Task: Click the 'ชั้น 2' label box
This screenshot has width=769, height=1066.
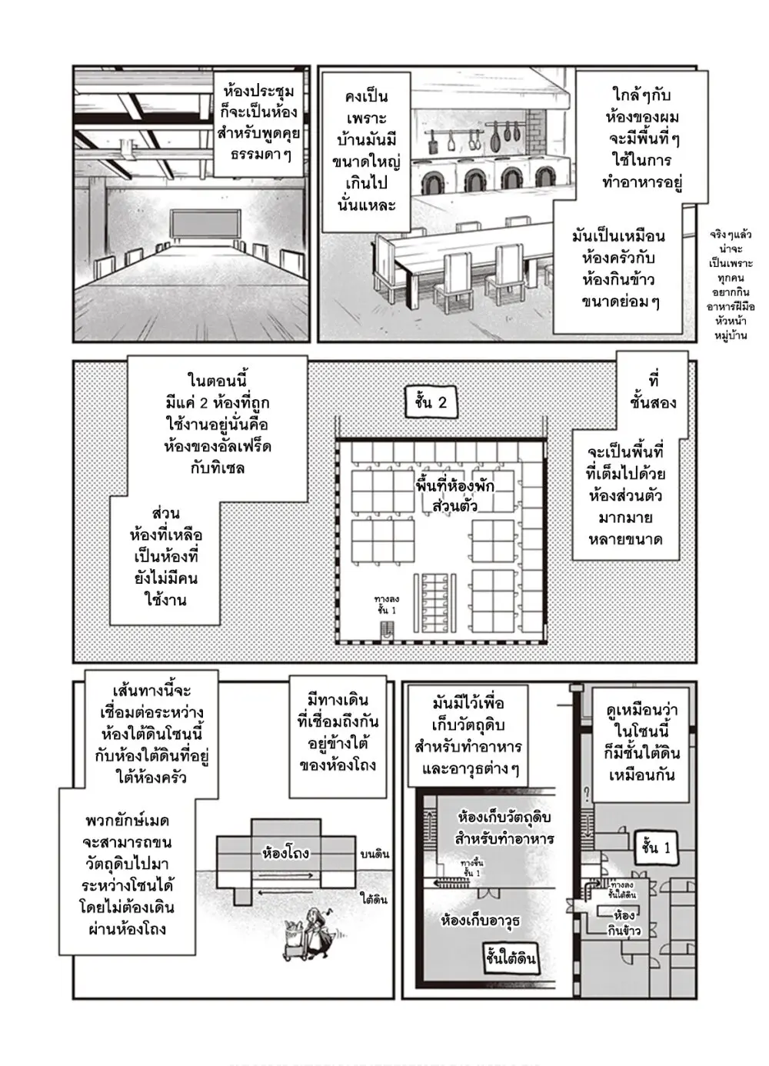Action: click(x=431, y=402)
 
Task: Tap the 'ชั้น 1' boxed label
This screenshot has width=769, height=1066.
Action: click(x=655, y=848)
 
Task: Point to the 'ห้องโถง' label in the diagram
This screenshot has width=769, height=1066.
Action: click(x=285, y=853)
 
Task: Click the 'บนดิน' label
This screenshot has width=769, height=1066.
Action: click(x=375, y=854)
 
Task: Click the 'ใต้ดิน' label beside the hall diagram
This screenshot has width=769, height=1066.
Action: click(x=373, y=899)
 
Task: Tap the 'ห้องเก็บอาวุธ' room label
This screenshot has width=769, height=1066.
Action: click(x=481, y=920)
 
